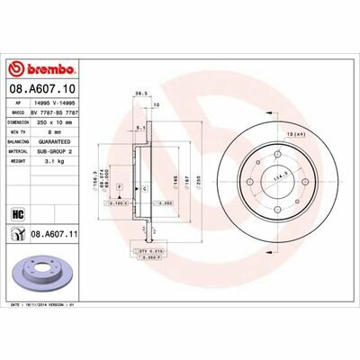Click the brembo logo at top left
[36, 68]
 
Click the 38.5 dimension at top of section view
[139, 92]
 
